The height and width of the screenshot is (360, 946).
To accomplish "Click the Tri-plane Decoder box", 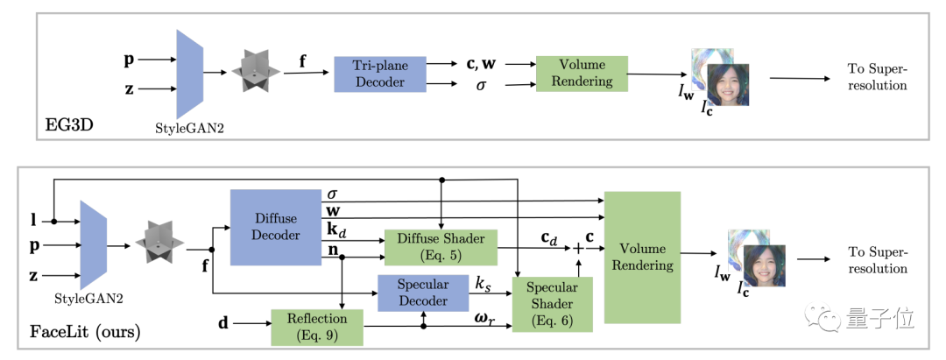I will pyautogui.click(x=379, y=74).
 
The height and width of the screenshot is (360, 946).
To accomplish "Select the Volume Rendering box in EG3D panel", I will pyautogui.click(x=582, y=74).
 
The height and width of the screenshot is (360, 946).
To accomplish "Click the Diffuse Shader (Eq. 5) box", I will pyautogui.click(x=440, y=248).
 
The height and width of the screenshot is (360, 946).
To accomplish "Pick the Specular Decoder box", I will pyautogui.click(x=423, y=293).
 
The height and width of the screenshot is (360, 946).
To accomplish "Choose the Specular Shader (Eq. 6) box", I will pyautogui.click(x=553, y=304).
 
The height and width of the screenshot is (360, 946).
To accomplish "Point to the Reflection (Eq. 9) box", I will pyautogui.click(x=316, y=326).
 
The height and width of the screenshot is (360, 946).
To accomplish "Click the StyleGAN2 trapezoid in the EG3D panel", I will pyautogui.click(x=189, y=74).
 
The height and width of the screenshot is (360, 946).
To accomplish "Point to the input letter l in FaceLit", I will pyautogui.click(x=32, y=215).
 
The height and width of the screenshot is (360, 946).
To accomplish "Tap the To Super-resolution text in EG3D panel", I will pyautogui.click(x=876, y=77).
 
